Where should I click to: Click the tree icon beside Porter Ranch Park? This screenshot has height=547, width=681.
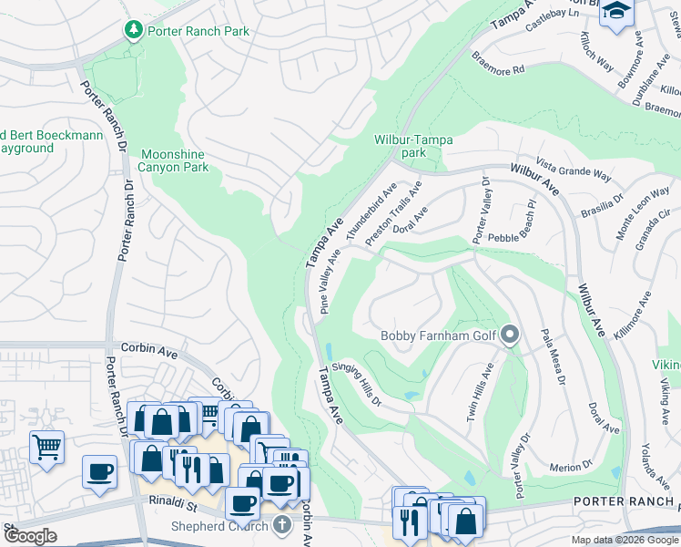(x=134, y=30)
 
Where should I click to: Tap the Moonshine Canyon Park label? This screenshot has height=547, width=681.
(x=173, y=161)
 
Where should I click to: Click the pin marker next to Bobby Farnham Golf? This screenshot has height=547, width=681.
(x=510, y=336)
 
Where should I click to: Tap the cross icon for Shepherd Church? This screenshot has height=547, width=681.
(x=282, y=525)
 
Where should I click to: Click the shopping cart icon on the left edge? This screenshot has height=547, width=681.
(x=46, y=446)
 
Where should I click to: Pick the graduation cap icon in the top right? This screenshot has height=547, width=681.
(x=616, y=12)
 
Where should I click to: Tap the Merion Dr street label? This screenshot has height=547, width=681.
(x=572, y=468)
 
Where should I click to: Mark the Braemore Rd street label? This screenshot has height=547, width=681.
(x=498, y=62)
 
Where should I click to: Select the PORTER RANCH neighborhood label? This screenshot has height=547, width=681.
(x=626, y=501)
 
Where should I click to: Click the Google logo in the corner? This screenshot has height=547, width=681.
(x=30, y=536)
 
